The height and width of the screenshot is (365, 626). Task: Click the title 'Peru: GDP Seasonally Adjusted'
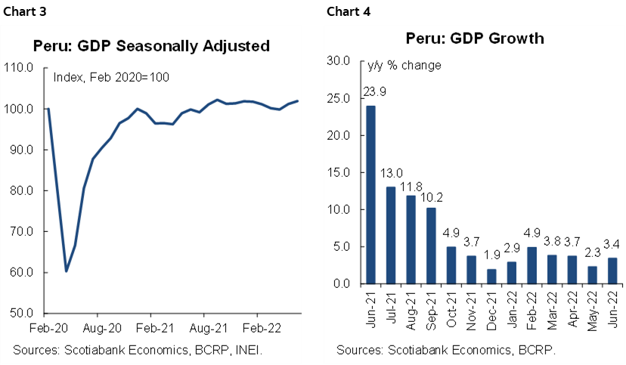[152, 46]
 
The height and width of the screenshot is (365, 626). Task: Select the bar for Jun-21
[371, 194]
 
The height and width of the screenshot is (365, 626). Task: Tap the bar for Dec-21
[492, 276]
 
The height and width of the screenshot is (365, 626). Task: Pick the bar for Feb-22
[531, 265]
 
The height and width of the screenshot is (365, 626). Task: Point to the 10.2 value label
[432, 197]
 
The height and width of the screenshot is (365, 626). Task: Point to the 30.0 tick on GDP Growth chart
[338, 61]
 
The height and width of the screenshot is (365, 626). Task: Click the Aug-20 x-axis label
[98, 329]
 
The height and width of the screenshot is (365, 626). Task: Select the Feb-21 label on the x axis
[150, 329]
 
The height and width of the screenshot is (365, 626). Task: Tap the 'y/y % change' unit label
[404, 65]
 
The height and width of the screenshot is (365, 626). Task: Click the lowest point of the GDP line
[66, 271]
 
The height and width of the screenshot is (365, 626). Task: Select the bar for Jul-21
[391, 235]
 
